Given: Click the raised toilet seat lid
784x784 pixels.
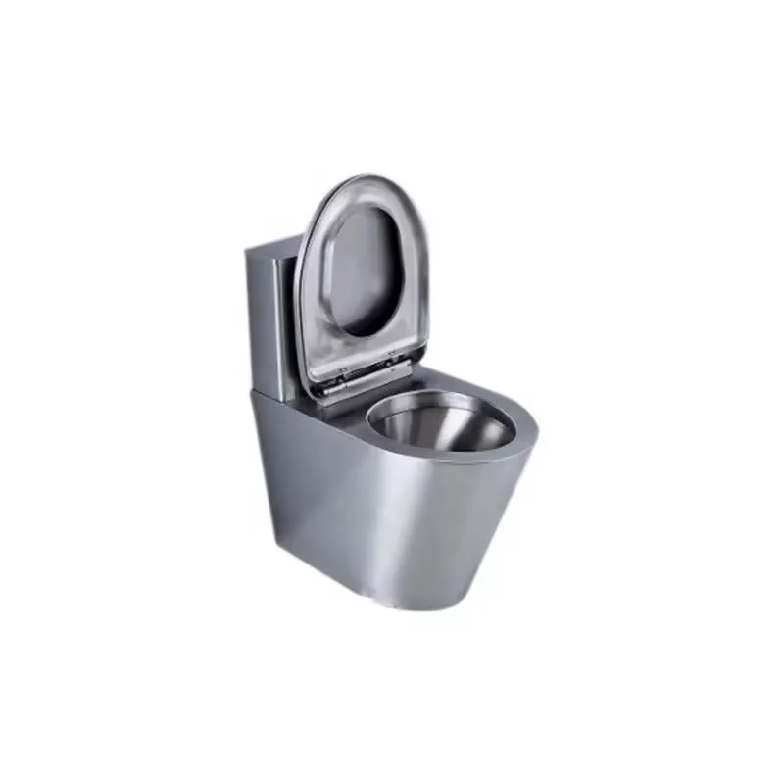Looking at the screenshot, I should tap(323, 294).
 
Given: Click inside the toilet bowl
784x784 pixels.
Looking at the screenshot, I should tap(441, 431).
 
